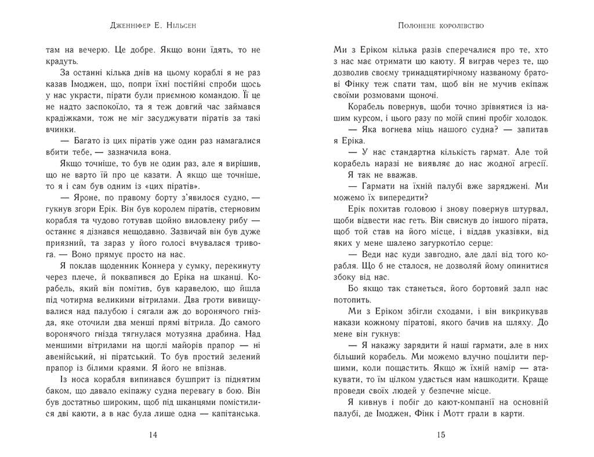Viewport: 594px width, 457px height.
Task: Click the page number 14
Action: click(153, 434)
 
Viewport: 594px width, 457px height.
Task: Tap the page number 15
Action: click(441, 434)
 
